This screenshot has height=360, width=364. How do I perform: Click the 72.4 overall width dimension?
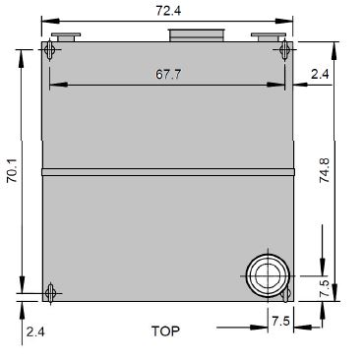point(168,11)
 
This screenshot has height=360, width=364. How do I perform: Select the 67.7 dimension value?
point(168,75)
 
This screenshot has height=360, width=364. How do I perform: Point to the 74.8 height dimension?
point(324,170)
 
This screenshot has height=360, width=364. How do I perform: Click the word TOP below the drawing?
point(165,331)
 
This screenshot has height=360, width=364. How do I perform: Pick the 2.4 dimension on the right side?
point(320,75)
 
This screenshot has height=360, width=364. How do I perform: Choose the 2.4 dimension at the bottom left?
point(35,332)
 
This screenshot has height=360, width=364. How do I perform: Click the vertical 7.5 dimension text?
point(324,288)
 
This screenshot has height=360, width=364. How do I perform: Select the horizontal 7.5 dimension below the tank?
point(280,321)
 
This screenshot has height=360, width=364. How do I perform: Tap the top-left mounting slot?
point(50,50)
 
